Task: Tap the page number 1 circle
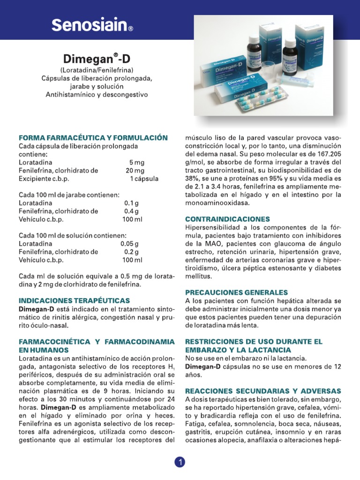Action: coord(180,462)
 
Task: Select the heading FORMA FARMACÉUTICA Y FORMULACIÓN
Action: coord(93,138)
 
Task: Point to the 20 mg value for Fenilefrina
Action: coord(135,170)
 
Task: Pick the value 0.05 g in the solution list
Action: coord(129,244)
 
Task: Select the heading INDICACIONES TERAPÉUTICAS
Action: coord(74,300)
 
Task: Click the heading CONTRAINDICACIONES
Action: coord(228,219)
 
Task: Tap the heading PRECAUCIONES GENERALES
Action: coord(236,292)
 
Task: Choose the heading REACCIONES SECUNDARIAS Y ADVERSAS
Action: coord(263,390)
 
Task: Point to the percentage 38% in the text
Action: coord(192,179)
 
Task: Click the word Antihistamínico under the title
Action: coord(69,95)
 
